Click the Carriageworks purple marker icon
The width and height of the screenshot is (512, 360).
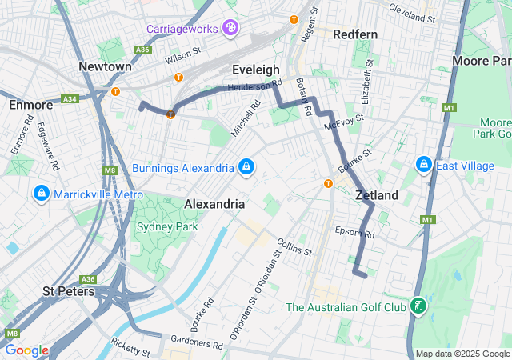point(230,29)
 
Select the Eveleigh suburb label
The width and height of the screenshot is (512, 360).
point(255,70)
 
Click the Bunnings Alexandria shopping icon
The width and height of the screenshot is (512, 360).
point(246,166)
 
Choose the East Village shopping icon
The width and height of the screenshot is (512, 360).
point(423,165)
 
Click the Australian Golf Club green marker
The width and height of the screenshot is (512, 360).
point(417,306)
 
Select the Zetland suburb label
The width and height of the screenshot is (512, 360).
point(376,195)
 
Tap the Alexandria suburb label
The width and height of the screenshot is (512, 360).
point(214,204)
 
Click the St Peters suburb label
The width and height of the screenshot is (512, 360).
point(69,291)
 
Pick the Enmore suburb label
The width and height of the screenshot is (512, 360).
point(30,105)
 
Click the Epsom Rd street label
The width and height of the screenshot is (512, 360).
point(357,234)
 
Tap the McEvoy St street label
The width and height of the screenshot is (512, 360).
point(344,123)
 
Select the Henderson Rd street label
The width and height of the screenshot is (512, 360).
point(255,85)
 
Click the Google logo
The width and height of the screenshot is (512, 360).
point(26,350)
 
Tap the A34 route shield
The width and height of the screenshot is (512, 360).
point(69,99)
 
